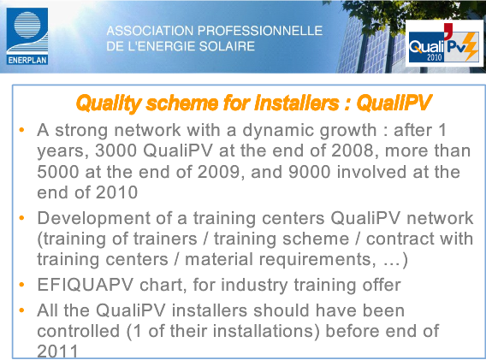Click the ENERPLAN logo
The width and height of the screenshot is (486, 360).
[27, 36]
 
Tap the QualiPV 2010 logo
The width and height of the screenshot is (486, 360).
[444, 44]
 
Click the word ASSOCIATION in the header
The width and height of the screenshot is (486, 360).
[150, 31]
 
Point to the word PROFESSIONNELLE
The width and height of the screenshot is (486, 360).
[260, 31]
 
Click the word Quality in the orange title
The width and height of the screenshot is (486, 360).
[109, 103]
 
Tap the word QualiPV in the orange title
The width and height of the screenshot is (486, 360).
[394, 103]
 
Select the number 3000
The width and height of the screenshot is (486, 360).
[116, 150]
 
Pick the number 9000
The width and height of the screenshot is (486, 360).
[310, 172]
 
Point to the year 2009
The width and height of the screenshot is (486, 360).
[218, 172]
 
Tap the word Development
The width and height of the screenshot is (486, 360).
[93, 219]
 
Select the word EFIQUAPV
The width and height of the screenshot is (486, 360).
[86, 285]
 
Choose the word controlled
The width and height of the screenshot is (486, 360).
[78, 331]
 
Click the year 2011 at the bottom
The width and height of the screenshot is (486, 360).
[57, 351]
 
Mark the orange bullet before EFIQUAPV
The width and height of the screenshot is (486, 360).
[21, 285]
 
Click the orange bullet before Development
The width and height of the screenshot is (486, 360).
[21, 218]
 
